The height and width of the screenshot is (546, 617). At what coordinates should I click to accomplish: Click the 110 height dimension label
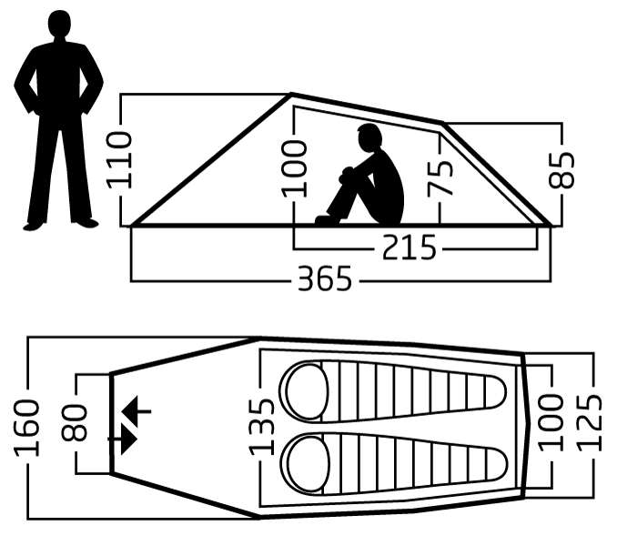point(120,160)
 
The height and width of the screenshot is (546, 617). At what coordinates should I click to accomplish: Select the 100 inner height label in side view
point(294,168)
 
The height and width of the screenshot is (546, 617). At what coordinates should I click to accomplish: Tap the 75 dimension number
point(440,178)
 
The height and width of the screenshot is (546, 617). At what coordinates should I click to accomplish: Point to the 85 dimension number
point(561,169)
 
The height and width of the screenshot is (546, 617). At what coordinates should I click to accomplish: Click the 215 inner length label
point(410,248)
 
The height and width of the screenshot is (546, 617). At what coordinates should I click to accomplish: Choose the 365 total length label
point(325,278)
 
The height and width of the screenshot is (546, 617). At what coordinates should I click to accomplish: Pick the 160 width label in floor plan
point(26,428)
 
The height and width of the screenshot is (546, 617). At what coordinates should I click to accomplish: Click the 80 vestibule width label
point(74,422)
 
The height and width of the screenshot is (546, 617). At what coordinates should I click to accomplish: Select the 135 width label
point(261,427)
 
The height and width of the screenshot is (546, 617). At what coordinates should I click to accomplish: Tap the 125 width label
point(589,422)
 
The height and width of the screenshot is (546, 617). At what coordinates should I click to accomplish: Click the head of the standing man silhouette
point(59,25)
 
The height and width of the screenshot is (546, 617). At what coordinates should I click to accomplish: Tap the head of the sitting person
point(369,137)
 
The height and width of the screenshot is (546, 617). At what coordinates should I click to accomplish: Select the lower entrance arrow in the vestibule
point(123,439)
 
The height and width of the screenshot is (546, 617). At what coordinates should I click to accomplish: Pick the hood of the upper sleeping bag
point(307,392)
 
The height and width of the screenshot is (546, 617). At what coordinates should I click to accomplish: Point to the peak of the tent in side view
point(291,94)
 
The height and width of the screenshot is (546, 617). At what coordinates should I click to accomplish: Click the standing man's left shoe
point(88,223)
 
